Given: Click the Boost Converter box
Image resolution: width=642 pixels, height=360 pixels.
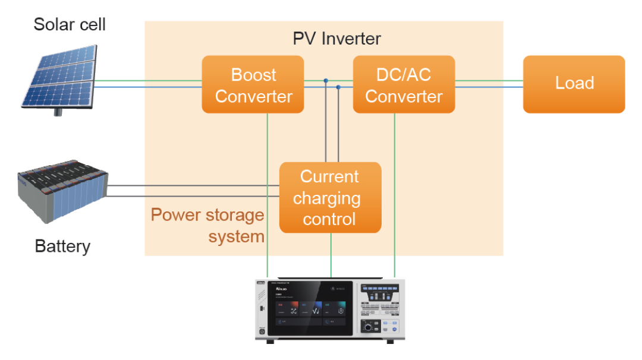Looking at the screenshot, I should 253,85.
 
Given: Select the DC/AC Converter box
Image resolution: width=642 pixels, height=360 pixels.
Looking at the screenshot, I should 404,85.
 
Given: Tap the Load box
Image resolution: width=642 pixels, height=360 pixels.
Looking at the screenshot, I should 574,84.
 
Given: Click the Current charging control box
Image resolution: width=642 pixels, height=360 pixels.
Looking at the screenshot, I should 330,197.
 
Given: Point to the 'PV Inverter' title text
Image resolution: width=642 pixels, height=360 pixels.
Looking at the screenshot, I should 336,39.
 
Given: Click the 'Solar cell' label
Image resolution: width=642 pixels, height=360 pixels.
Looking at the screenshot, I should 70,24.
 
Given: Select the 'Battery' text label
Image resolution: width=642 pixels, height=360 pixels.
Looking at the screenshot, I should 62,247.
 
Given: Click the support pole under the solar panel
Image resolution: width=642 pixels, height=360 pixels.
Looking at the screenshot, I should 58,111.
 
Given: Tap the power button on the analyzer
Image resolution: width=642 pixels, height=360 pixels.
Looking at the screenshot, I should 262,331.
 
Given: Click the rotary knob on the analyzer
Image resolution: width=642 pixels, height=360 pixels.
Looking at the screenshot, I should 368,327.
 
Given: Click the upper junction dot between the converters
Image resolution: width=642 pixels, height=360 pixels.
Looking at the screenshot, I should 326,80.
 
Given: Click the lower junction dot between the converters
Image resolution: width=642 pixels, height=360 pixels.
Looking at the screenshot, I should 338,87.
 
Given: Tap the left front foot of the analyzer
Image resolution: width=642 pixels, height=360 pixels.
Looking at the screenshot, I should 270,342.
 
